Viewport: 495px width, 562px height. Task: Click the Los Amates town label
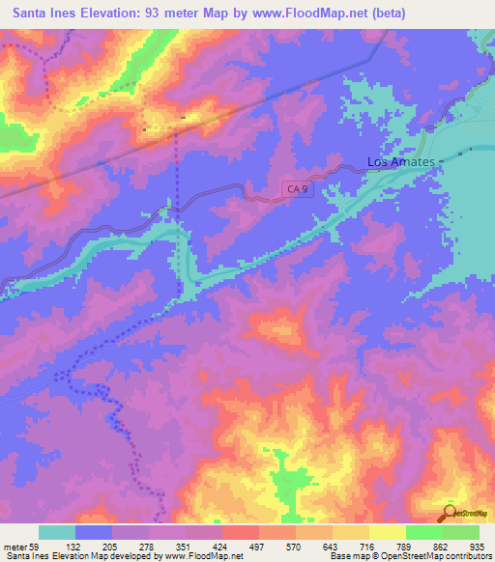click(400, 162)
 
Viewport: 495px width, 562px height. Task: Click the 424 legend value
click(233, 546)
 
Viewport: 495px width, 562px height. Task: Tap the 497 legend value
click(270, 546)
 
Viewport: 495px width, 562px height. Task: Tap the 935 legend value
click(477, 546)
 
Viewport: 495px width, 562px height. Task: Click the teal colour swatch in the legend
click(57, 532)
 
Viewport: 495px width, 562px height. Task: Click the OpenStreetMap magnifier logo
click(449, 513)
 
